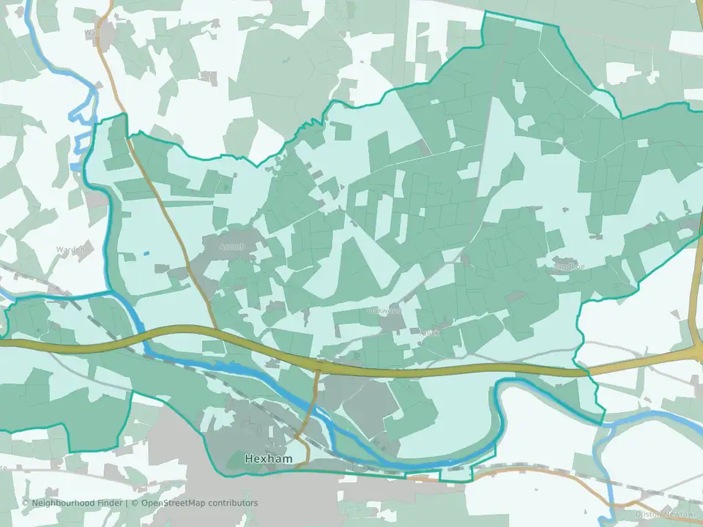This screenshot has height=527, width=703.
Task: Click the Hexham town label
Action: pos(268,459)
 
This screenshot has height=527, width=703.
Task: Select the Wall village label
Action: pos(92,33)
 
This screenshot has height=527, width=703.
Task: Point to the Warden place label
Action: pos(70,250)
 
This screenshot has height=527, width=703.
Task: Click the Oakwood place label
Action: pos(384,311)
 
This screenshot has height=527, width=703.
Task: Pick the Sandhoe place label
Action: pos(569,268)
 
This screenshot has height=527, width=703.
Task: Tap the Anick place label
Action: pos(430,332)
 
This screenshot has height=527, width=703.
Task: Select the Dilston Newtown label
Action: pos(668,515)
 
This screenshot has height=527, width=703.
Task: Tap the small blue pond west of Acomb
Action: pos(146,254)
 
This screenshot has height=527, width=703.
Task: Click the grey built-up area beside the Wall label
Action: pos(110,33)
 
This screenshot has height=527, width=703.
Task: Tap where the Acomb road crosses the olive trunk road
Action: pos(216,334)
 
